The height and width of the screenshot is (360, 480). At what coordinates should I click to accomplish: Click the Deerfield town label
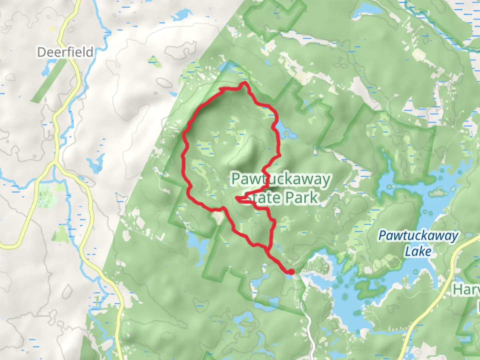click(x=65, y=52)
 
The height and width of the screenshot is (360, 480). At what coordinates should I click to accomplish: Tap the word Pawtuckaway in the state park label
click(x=281, y=179)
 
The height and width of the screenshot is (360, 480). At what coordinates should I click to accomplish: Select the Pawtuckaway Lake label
click(x=418, y=243)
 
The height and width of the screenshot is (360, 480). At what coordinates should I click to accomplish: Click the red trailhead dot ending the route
click(x=291, y=272)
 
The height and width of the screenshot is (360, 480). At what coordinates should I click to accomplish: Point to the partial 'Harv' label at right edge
click(x=466, y=290)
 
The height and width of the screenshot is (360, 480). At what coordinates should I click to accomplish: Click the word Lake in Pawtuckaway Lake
click(x=418, y=251)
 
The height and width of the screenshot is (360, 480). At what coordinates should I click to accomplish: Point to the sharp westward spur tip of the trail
click(x=237, y=199)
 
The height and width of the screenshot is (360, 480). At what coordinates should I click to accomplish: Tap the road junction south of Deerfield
click(x=55, y=163)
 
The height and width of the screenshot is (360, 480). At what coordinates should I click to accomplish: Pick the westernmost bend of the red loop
click(x=184, y=135)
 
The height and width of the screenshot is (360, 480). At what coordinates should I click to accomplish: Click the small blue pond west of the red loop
click(x=94, y=164)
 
